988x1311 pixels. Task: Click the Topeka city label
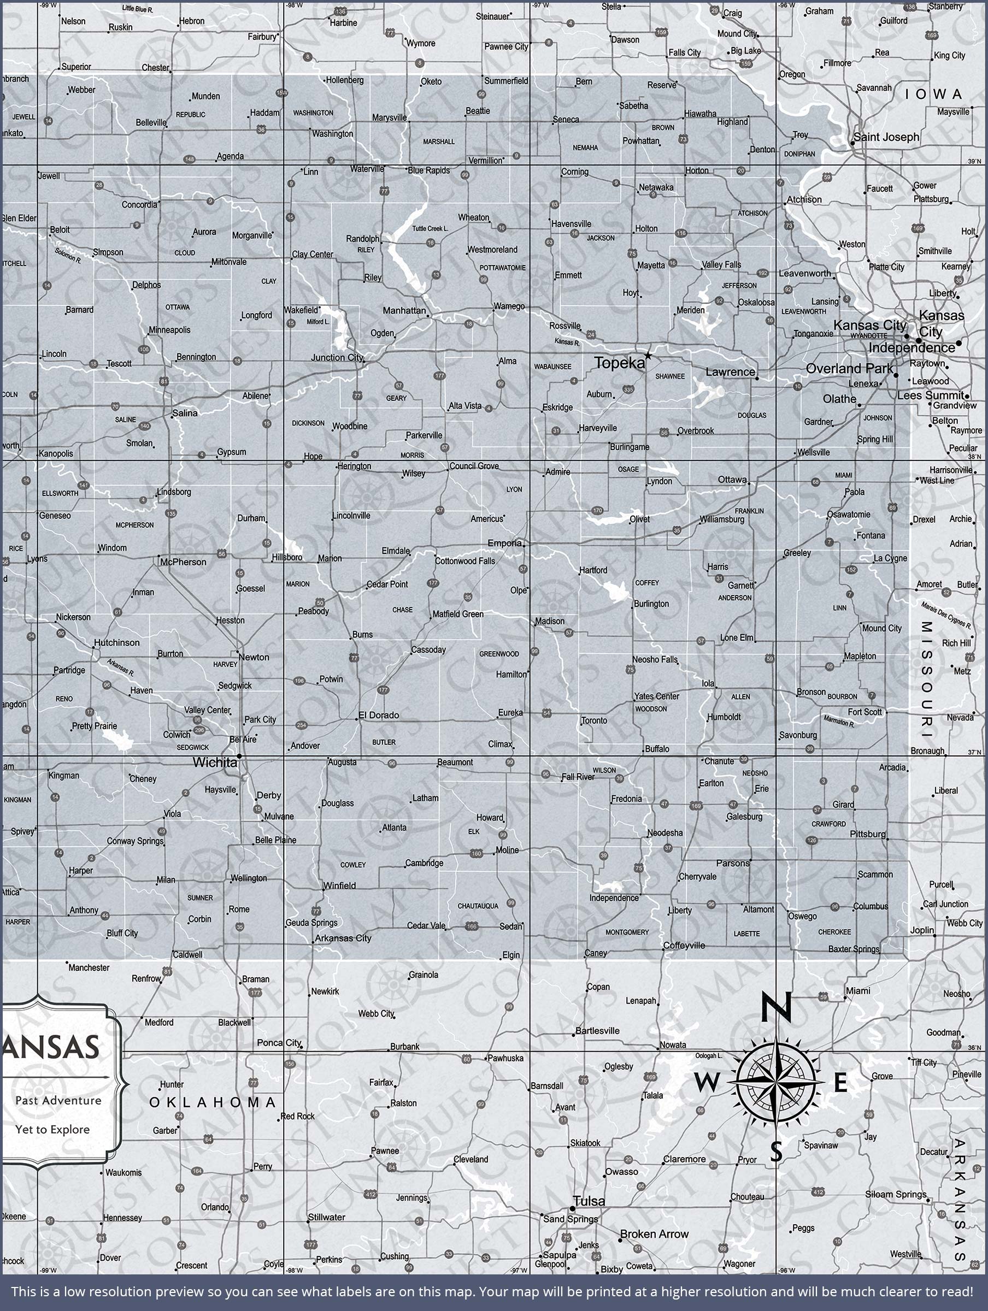coord(619,363)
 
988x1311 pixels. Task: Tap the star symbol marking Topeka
coord(648,356)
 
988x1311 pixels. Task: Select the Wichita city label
coord(214,762)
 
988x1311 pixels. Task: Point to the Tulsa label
coord(590,1201)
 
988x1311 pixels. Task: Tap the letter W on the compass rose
coord(705,1083)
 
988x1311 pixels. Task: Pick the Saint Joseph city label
coord(886,137)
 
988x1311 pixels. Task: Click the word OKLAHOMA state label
coord(213,1102)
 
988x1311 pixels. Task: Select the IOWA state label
coord(933,95)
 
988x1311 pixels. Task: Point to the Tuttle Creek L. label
coord(431,228)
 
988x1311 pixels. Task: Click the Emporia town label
coord(505,543)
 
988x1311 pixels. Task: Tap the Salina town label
coord(185,412)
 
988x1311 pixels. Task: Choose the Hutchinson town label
coord(117,642)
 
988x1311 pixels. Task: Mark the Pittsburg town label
coord(868,834)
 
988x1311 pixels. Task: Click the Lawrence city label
coord(730,372)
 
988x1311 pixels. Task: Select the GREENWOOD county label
coord(499,654)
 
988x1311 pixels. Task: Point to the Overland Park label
coord(849,368)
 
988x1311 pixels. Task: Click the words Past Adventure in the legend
coord(58,1101)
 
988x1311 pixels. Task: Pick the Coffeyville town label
coord(684,946)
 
